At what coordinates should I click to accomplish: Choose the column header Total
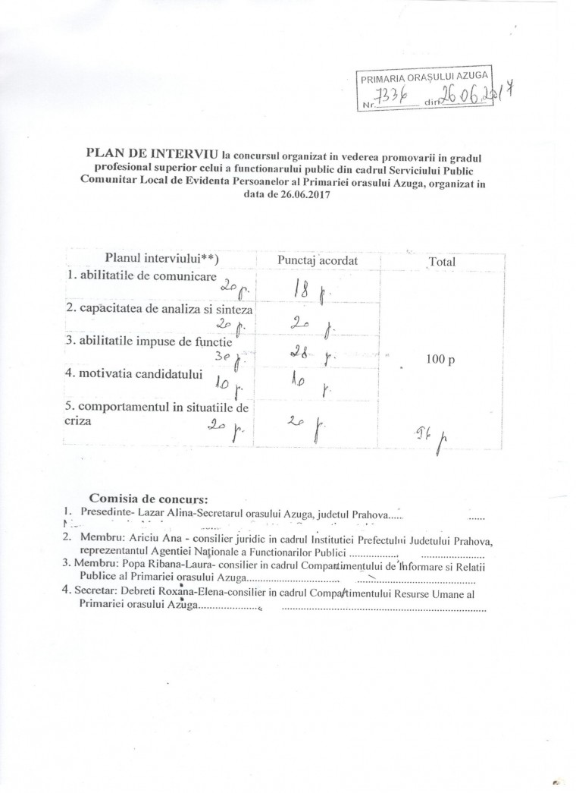442,262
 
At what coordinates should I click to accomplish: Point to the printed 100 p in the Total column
441,360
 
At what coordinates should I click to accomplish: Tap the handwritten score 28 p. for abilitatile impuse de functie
311,353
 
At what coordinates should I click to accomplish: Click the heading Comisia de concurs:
148,499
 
